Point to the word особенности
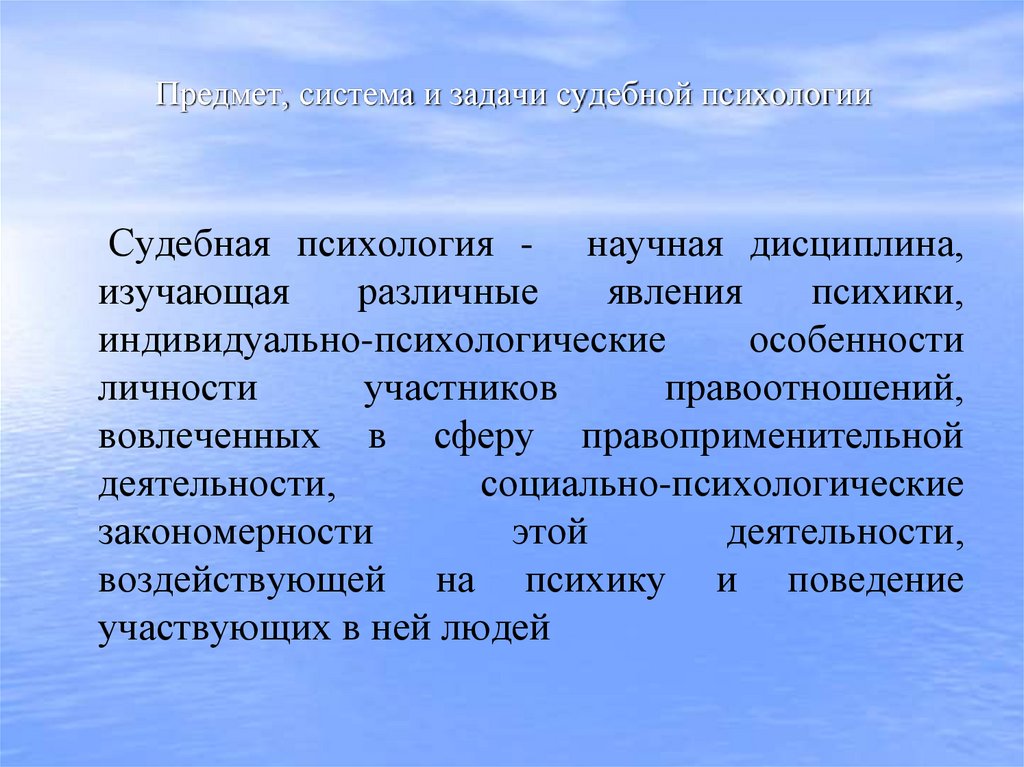click(857, 341)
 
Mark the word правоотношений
click(815, 389)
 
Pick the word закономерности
click(235, 533)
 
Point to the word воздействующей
click(241, 582)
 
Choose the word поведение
click(875, 582)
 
